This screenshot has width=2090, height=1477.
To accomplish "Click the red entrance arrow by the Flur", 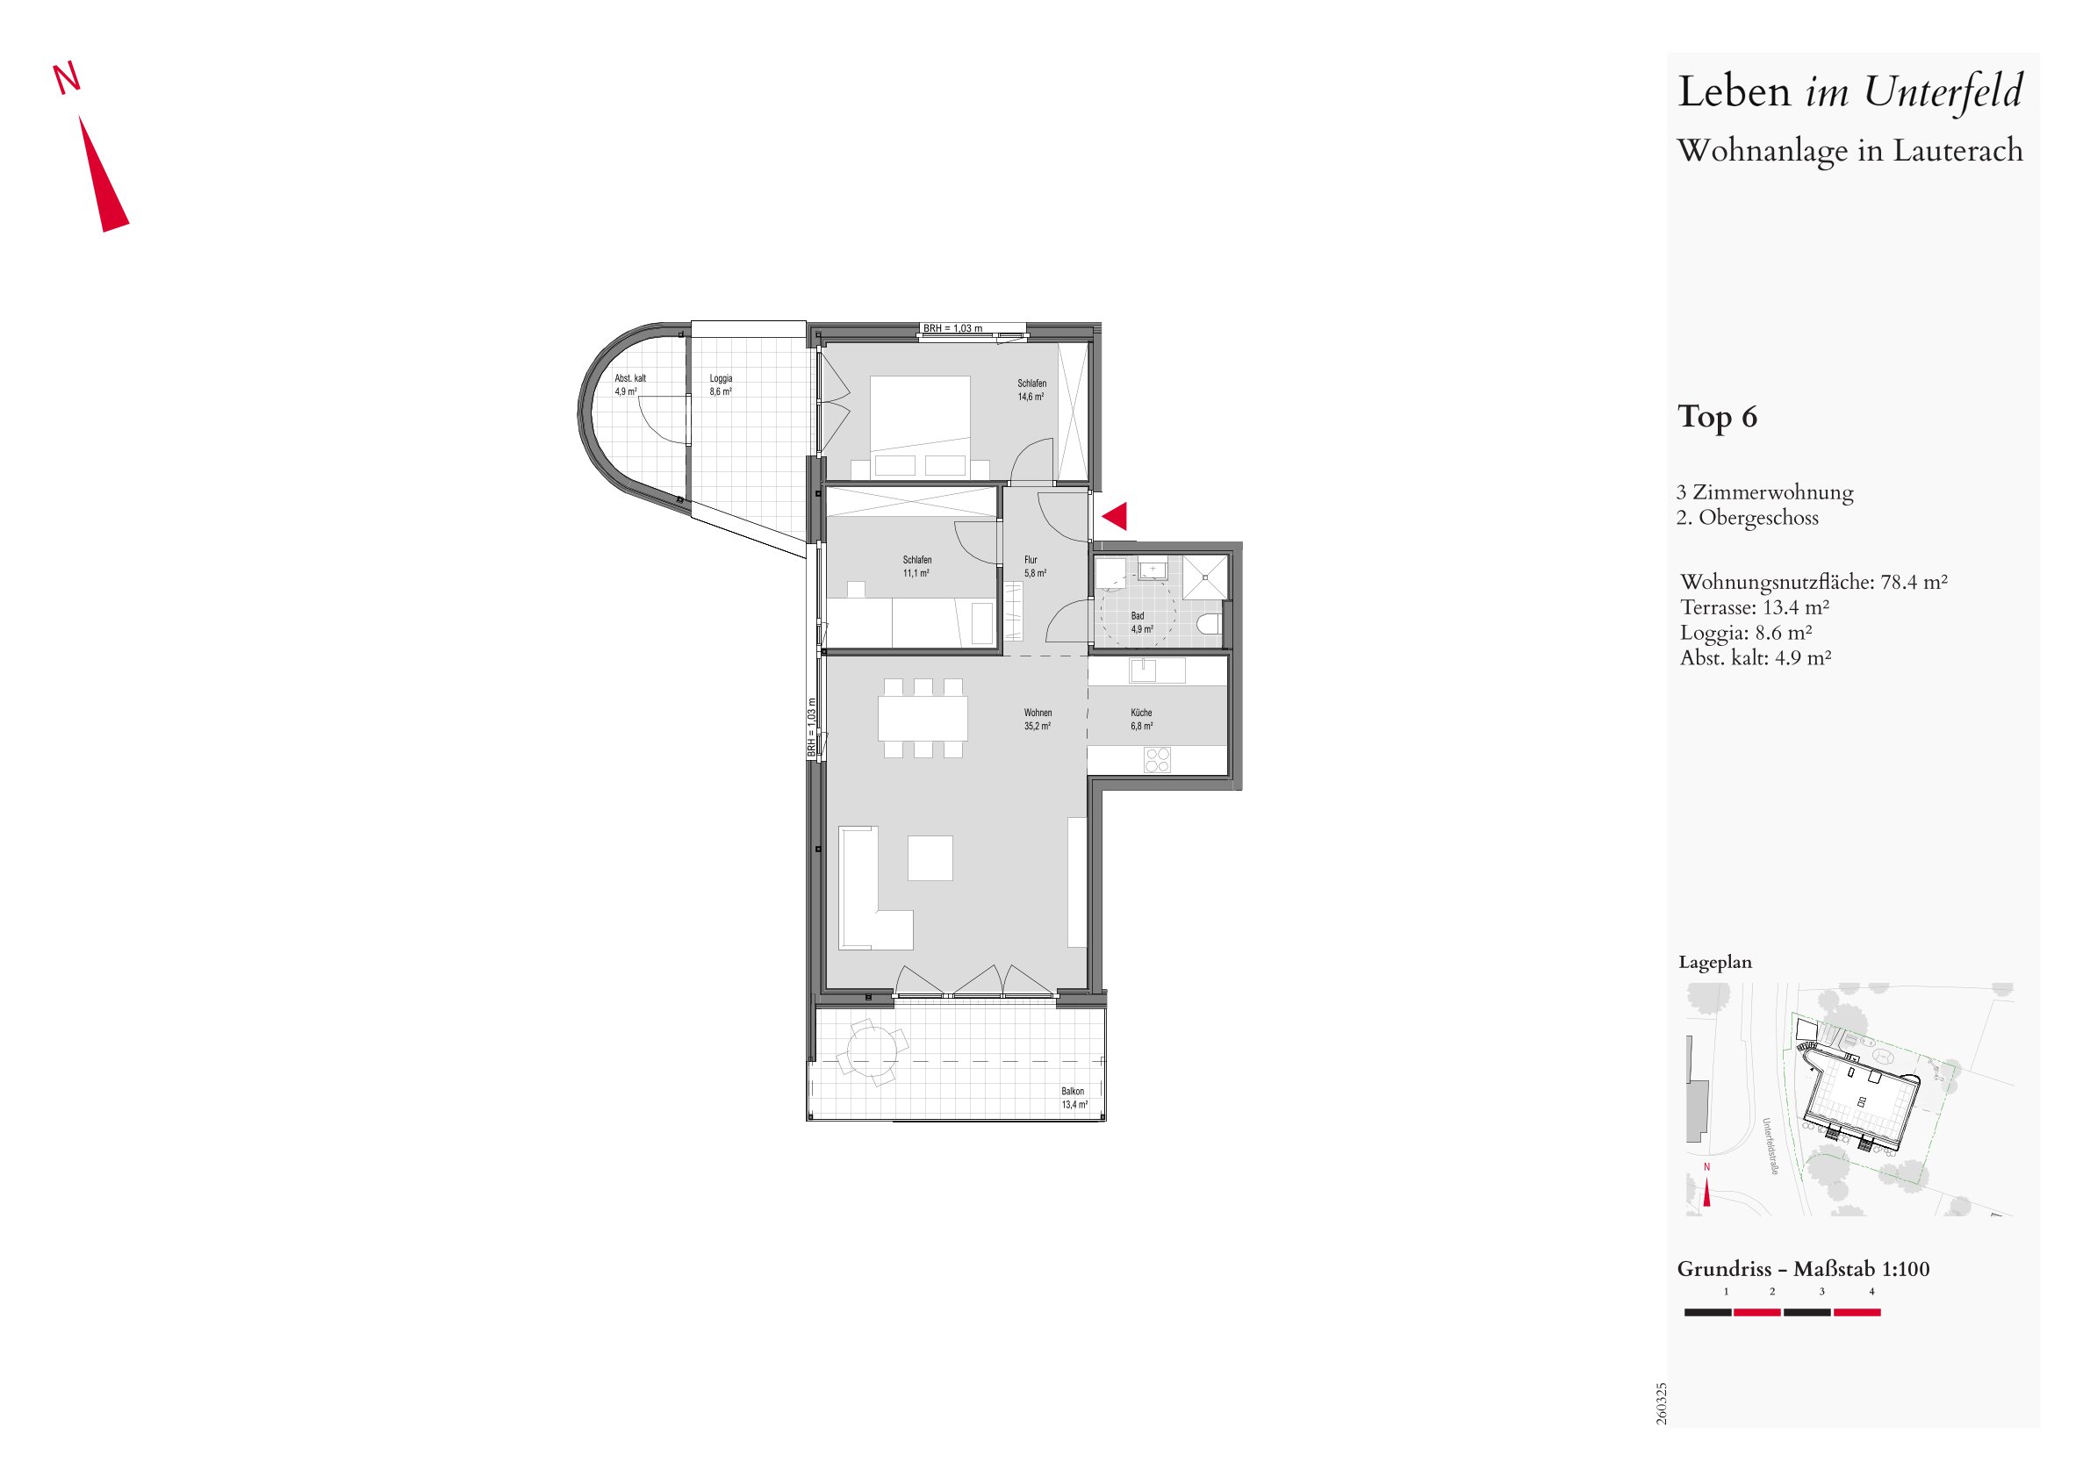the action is coord(1117,516).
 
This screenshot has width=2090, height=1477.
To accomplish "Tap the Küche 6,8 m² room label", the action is coord(1141,719).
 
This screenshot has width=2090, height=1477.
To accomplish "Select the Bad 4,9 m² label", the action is coord(1141,622).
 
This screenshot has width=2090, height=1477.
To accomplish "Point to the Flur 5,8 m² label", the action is coord(1035,566).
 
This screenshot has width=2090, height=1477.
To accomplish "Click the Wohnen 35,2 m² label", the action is coord(1038,719).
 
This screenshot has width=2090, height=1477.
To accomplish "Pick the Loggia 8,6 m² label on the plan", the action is coord(721,385).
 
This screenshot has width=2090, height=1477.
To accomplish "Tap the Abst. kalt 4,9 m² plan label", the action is coord(630,385).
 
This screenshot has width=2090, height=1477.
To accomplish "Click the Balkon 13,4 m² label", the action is coord(1074,1098).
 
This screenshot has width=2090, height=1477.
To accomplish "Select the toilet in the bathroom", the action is coord(1209,624).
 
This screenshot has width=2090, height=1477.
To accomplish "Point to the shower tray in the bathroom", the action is coord(1206,576).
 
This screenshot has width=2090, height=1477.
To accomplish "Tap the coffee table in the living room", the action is coord(930,857).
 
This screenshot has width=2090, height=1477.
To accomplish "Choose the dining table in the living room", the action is coord(923,718).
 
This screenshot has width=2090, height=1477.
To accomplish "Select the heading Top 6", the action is coord(1717,417).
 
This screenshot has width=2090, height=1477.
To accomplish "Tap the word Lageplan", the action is coord(1715,962).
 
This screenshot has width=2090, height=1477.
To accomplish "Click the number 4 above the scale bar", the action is coord(1871,1291).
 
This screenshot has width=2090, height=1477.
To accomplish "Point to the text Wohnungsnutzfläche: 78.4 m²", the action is coord(1814,582).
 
